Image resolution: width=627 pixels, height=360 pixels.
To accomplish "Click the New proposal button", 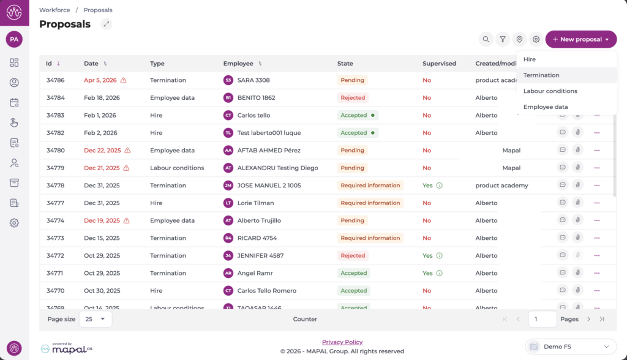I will coord(580,39).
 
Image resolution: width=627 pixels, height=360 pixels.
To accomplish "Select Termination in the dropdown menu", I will coord(541,75).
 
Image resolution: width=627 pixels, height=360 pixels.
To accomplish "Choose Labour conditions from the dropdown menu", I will coord(550,91).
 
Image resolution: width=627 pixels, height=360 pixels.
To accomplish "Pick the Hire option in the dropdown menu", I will coord(530,59).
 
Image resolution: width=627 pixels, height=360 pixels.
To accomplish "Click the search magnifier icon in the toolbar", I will coord(486,39).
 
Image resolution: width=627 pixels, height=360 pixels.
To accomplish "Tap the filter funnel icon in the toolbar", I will coord(503,39).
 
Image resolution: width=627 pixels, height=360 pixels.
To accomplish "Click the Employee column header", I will coord(238,64).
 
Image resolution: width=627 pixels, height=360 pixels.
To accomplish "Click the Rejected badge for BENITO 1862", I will coord(353,98).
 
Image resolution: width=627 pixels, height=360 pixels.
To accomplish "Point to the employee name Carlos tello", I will coord(253,115).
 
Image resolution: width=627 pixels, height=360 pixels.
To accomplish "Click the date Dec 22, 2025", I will coord(102,151).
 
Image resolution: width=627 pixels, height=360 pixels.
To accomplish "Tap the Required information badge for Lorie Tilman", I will coord(370,203).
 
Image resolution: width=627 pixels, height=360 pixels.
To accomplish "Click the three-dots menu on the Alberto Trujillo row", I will coord(596,220).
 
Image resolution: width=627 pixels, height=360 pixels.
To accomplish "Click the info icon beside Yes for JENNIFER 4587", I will coord(439,256).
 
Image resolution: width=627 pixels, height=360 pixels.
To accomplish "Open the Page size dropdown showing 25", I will coord(95,319).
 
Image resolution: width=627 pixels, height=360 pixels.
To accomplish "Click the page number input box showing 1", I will coord(542,319).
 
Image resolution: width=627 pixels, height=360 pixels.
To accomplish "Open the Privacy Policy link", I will coord(342,342).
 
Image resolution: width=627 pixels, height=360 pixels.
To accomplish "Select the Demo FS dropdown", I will coord(571,347).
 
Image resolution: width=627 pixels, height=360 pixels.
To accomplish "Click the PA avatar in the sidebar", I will coord(14,39).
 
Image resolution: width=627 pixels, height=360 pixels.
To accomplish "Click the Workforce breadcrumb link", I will coord(54,10).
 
